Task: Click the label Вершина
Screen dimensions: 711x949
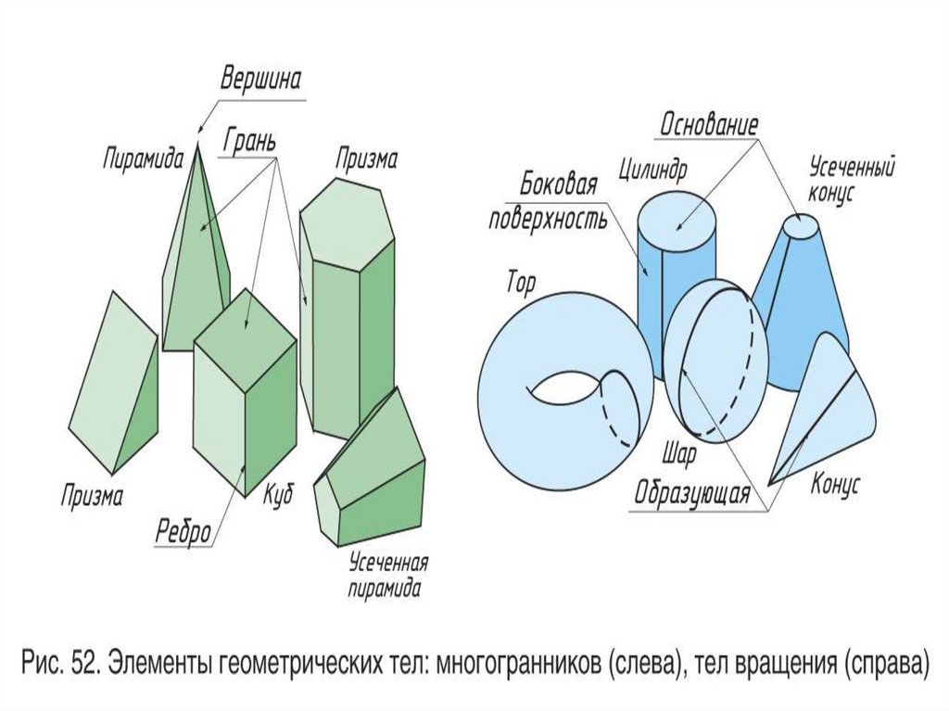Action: (260, 80)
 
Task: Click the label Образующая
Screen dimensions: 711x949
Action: (691, 493)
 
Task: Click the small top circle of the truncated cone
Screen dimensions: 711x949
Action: (800, 225)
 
